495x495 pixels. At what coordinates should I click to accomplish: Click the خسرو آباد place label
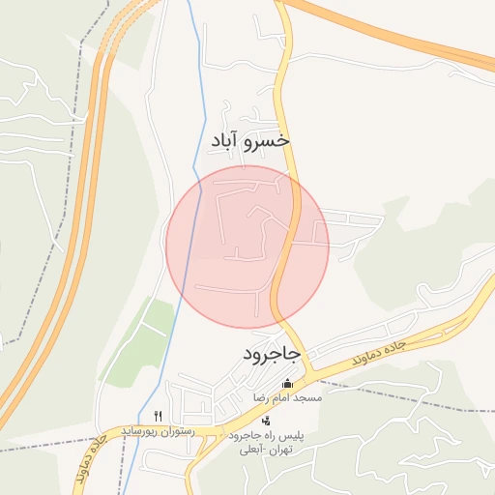click(x=250, y=141)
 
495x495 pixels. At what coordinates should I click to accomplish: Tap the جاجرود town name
click(x=272, y=355)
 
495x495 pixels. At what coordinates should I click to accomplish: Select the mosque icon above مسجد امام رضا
click(x=286, y=384)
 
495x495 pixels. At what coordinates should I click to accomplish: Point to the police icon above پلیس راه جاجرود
click(x=267, y=421)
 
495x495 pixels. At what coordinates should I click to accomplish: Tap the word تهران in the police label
click(x=287, y=451)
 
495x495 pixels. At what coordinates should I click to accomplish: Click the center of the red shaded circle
click(x=247, y=247)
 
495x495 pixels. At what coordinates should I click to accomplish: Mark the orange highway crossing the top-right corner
click(x=406, y=35)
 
